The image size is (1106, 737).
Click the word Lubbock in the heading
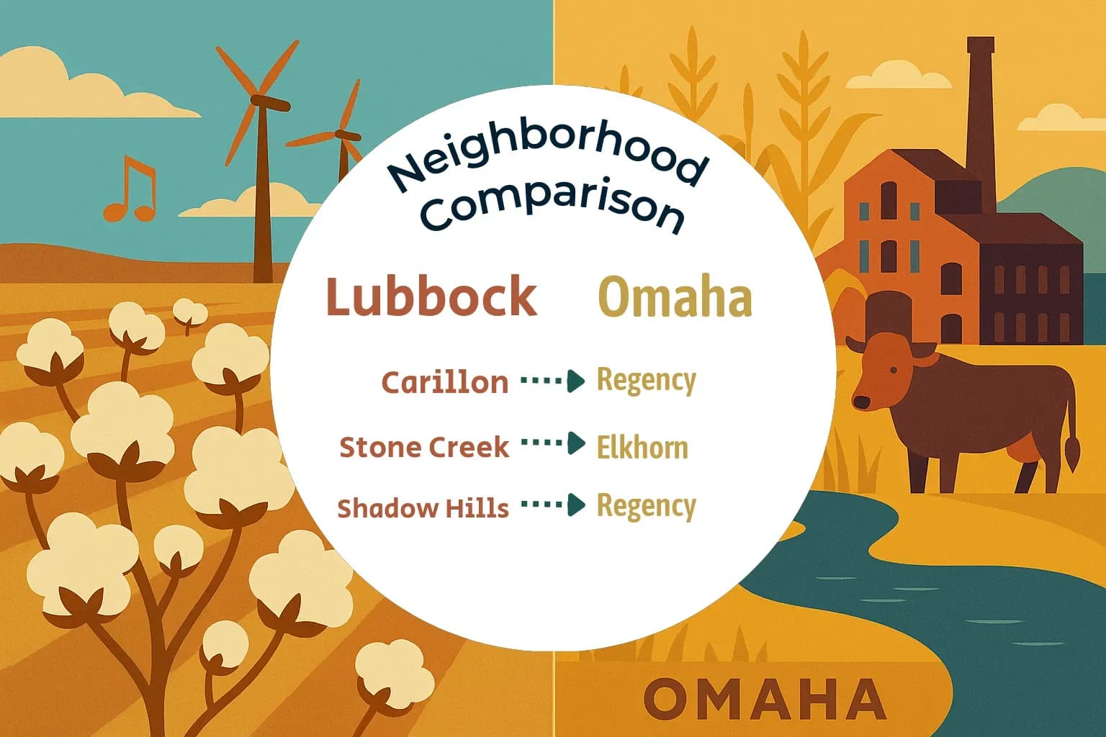(x=431, y=297)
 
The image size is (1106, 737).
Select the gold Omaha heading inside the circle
(x=675, y=297)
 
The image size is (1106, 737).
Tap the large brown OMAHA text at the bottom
(x=764, y=699)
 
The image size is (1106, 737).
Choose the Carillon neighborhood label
(x=444, y=382)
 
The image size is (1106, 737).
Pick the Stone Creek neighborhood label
(x=423, y=447)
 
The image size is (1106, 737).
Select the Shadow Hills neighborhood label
(x=423, y=508)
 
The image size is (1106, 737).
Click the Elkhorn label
(x=642, y=448)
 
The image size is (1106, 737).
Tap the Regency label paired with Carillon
(x=646, y=380)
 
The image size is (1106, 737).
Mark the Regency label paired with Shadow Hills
(x=646, y=506)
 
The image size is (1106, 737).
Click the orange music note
(x=130, y=189)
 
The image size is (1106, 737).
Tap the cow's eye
(x=894, y=371)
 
